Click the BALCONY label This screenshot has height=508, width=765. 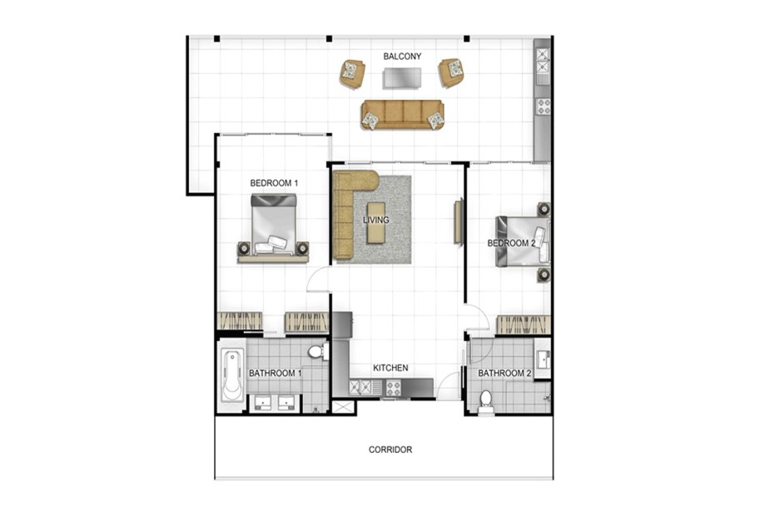click(x=401, y=57)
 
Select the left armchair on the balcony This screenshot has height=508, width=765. click(x=352, y=73)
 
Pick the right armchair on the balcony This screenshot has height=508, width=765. click(x=452, y=72)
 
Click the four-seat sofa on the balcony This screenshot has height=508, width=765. click(x=402, y=114)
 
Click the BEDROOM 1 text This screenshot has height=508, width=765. click(x=274, y=182)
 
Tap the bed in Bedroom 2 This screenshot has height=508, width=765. click(x=520, y=242)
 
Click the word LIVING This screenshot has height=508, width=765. click(x=376, y=220)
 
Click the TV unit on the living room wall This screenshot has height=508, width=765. click(x=457, y=221)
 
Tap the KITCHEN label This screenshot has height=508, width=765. click(x=390, y=367)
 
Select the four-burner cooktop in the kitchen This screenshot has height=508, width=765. click(x=392, y=387)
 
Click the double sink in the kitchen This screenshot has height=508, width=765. click(x=365, y=387)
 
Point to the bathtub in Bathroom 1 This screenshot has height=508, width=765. click(x=231, y=374)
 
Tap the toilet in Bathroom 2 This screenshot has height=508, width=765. click(x=485, y=405)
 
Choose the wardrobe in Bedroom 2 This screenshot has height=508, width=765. click(x=523, y=324)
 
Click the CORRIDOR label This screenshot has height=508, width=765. click(x=390, y=450)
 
